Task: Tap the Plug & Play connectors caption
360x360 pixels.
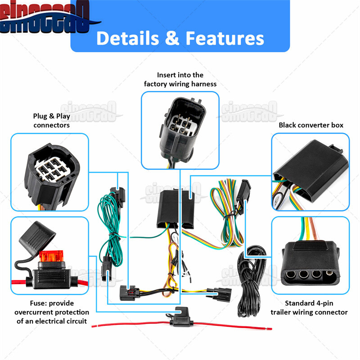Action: (51, 121)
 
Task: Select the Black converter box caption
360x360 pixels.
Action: (310, 125)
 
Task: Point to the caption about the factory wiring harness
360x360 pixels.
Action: (180, 80)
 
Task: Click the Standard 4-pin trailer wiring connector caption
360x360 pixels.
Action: (309, 308)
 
